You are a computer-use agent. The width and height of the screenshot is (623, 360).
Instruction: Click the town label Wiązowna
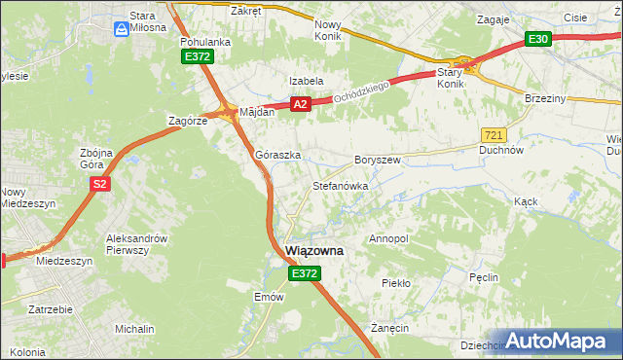(313, 251)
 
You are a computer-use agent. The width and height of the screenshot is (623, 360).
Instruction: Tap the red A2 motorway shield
(300, 104)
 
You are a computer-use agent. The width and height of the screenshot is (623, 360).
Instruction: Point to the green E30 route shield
(538, 39)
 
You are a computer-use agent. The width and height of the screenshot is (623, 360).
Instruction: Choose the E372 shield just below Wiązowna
(304, 275)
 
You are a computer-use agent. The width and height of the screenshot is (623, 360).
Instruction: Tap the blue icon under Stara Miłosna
(121, 29)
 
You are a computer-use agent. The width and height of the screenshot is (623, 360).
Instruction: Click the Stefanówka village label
(339, 185)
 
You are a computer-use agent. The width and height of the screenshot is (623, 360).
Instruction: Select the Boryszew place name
(378, 160)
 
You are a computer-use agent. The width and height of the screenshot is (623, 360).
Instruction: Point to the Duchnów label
(502, 151)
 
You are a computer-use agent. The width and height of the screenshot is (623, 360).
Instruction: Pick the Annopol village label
(388, 238)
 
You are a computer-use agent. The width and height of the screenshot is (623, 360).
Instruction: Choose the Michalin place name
(133, 330)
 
